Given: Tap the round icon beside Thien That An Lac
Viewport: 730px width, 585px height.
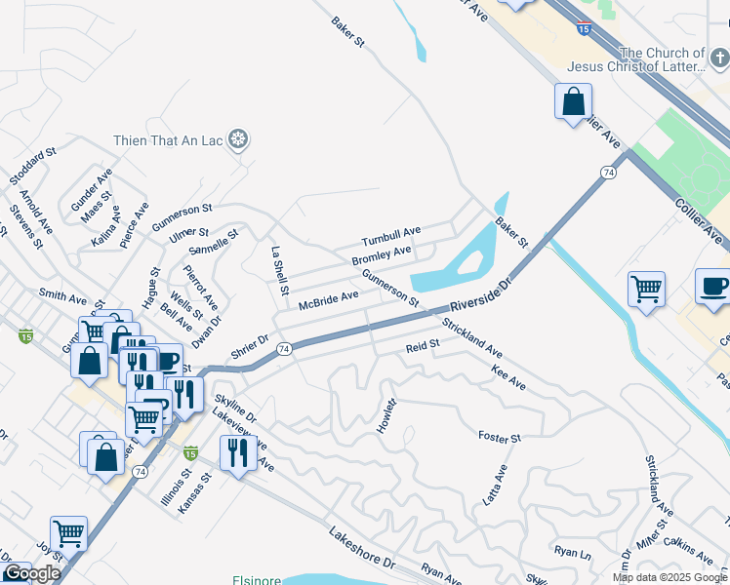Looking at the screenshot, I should [x=237, y=140].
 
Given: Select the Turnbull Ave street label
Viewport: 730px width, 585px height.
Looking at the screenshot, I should [x=390, y=236].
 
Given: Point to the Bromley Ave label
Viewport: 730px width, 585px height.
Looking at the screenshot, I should [x=381, y=256].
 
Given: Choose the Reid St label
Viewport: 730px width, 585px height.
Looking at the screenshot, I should [x=423, y=345].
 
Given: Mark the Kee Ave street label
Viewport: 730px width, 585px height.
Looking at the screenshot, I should [x=509, y=379].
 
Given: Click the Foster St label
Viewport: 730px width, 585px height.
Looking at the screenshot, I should [x=500, y=437].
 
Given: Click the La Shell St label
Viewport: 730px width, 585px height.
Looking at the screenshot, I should [x=280, y=270].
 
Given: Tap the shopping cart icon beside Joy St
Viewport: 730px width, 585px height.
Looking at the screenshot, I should [x=68, y=533].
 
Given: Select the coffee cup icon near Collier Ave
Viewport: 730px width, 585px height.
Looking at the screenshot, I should [x=713, y=286].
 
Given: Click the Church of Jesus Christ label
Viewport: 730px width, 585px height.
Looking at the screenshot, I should [x=662, y=59].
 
